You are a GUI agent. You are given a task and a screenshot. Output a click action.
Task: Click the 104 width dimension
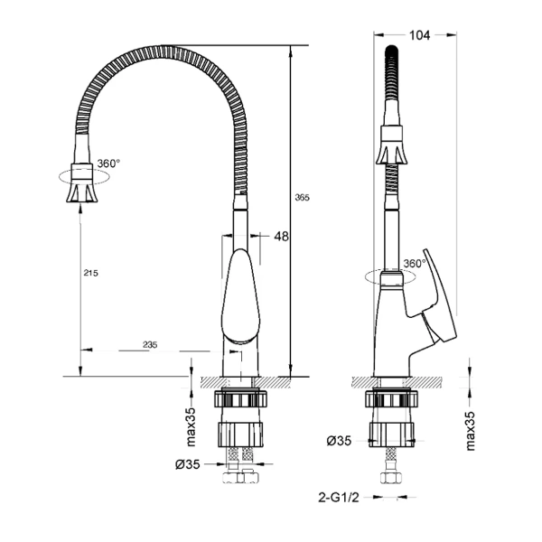(x=419, y=35)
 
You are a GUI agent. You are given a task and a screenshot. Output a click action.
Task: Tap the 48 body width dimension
(x=281, y=237)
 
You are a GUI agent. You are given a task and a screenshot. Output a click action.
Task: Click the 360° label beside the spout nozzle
(x=108, y=164)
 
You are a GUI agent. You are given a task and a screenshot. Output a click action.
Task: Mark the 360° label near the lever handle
(x=415, y=264)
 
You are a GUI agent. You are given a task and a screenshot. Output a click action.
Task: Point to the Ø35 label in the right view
(x=340, y=441)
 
